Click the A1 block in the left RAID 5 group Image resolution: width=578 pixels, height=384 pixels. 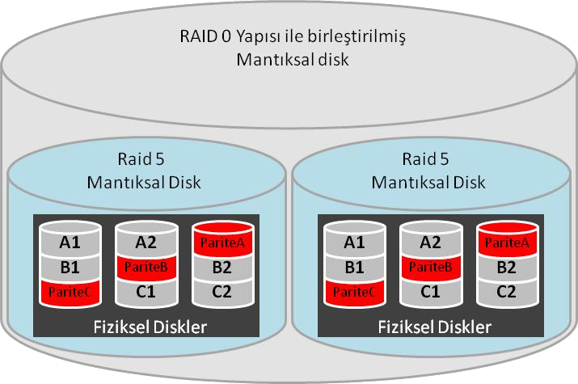point(70,242)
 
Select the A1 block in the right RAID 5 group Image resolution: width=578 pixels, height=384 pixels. point(354,242)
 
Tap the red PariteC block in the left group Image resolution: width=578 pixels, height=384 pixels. point(70,292)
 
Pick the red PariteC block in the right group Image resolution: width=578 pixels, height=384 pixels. point(354,292)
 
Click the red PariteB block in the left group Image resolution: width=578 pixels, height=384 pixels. point(146,266)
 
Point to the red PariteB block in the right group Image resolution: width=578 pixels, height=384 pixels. point(430,266)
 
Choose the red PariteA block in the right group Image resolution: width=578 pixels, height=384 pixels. point(506,242)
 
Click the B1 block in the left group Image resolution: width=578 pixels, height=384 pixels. point(70,267)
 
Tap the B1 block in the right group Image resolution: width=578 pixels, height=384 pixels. point(354,267)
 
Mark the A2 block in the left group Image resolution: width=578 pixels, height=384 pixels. point(146,242)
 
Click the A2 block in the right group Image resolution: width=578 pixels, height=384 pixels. point(430,242)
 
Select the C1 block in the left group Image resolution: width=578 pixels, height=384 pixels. point(146,292)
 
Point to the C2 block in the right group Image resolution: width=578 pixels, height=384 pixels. point(506,292)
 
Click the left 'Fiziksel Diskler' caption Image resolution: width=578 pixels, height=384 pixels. point(146,327)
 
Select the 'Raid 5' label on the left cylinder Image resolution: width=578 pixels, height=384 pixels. point(144,160)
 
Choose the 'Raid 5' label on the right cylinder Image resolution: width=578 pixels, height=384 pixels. point(428,160)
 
